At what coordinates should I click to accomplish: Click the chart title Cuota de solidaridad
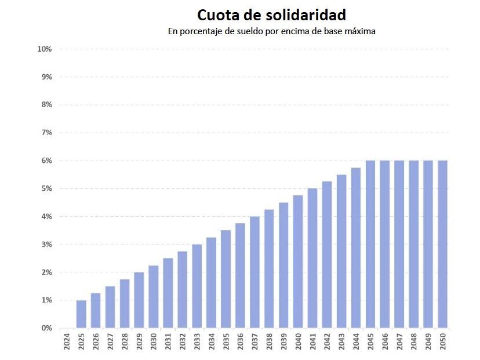271,14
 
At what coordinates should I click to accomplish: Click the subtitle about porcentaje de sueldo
271,31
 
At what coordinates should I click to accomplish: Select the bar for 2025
81,314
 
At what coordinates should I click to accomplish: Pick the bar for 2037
254,272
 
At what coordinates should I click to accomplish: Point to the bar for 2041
312,259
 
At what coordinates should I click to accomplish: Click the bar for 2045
370,245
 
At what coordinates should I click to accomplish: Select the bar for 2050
442,245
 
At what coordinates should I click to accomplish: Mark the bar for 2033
197,286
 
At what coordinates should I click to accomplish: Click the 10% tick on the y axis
45,49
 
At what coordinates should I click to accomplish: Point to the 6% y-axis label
46,161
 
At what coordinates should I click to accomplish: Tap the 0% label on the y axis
46,328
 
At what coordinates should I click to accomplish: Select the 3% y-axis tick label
46,245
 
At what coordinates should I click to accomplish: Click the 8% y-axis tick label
46,105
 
